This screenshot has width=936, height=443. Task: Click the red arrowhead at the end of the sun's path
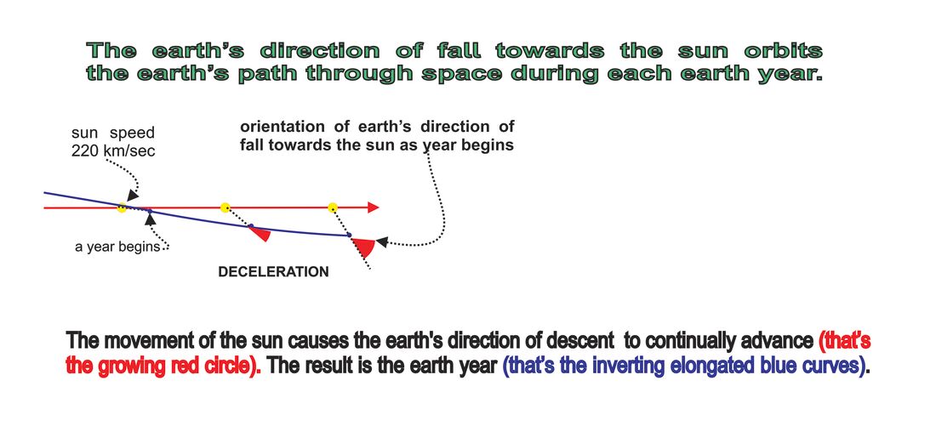373,207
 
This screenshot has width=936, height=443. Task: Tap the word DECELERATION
273,272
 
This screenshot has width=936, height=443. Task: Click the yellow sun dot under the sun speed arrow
122,207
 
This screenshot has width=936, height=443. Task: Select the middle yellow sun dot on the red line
225,207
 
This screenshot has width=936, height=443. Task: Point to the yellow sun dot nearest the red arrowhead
333,207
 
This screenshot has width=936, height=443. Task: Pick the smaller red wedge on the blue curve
261,233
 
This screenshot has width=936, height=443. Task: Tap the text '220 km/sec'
113,151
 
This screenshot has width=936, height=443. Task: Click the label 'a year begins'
117,247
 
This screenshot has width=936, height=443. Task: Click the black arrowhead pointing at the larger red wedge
382,242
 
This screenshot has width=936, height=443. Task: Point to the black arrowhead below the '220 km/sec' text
133,195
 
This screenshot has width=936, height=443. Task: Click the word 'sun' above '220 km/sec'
85,133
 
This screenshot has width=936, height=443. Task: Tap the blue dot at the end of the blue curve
350,235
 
